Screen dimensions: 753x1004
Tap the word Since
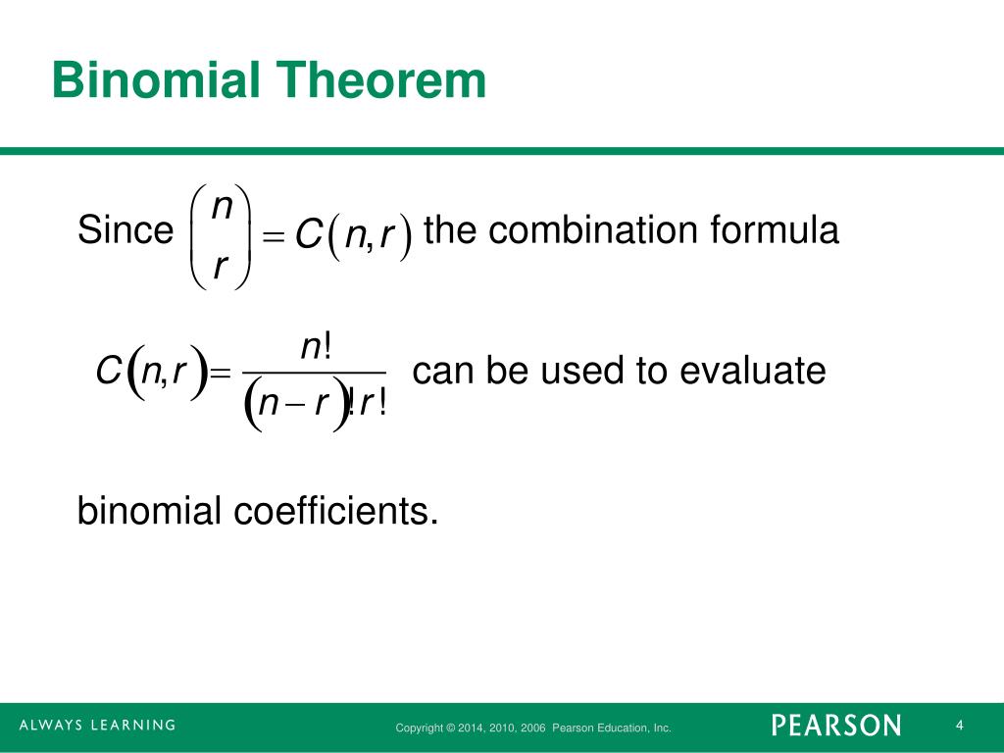[125, 232]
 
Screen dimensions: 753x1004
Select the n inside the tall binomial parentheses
[223, 206]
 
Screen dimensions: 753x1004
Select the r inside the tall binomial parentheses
[221, 263]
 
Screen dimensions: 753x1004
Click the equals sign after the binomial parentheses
[275, 236]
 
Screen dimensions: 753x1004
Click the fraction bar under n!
[314, 373]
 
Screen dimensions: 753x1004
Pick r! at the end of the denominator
[374, 402]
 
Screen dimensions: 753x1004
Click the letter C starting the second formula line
[107, 373]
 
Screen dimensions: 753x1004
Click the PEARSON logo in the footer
[835, 726]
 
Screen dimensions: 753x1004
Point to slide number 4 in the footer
[960, 726]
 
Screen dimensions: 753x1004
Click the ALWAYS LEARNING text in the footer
[97, 726]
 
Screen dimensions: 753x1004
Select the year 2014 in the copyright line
[474, 728]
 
